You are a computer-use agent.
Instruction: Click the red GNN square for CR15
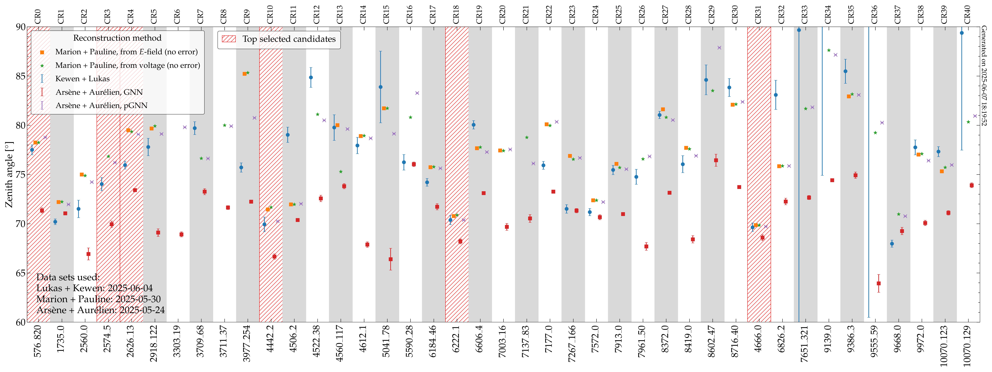[390, 259]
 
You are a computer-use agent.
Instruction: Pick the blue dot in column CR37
[892, 244]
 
